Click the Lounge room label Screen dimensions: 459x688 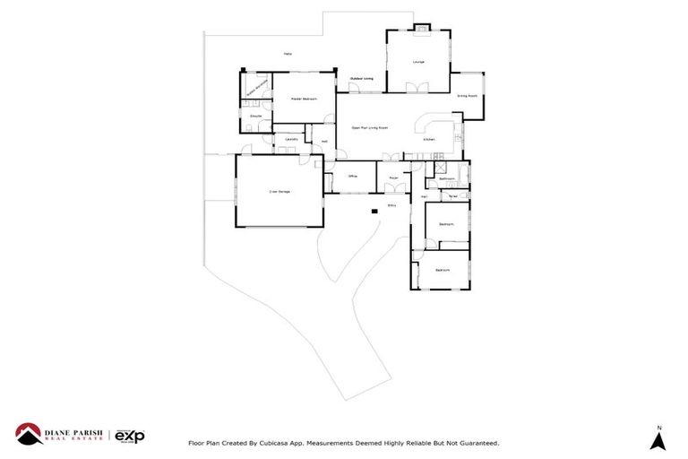(x=417, y=62)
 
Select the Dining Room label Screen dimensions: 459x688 (x=467, y=95)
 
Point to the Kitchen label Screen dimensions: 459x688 (x=430, y=139)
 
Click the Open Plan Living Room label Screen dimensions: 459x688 (x=369, y=128)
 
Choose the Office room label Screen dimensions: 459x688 (x=353, y=177)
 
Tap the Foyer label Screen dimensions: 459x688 (x=392, y=178)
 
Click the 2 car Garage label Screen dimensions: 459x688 (x=279, y=191)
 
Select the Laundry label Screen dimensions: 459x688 (x=291, y=139)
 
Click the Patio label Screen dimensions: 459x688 (x=288, y=54)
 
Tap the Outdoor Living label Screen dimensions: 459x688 (x=361, y=80)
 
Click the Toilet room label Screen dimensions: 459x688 (x=453, y=195)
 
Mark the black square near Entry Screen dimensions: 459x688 (x=374, y=212)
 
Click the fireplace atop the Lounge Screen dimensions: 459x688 (x=417, y=29)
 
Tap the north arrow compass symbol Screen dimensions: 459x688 (x=658, y=440)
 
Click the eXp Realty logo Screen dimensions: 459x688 (x=130, y=436)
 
